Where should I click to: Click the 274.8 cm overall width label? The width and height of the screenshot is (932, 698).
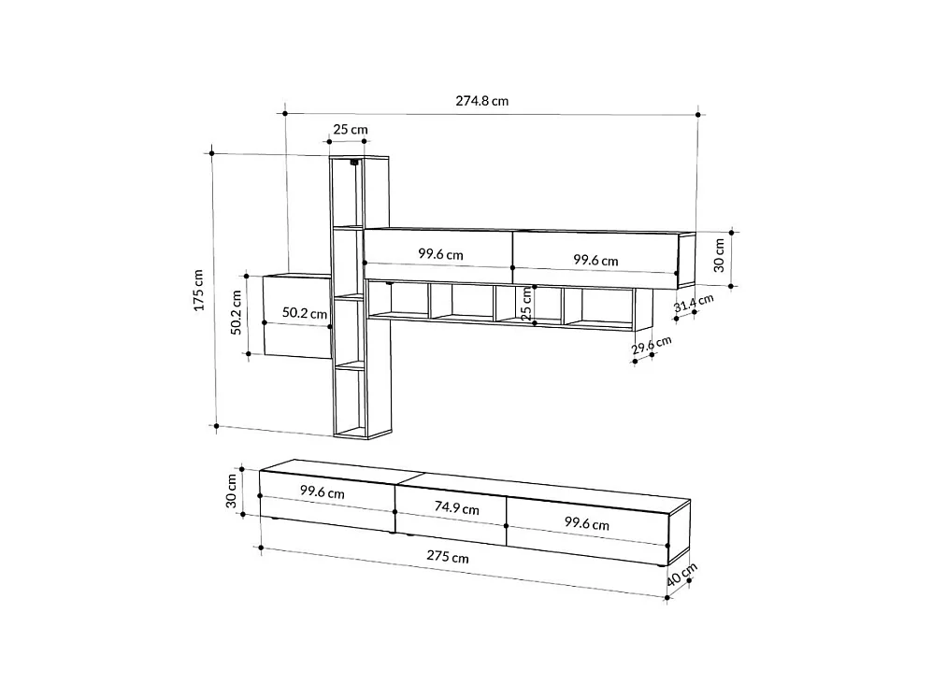481,101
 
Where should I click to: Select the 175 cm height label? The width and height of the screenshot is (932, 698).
197,291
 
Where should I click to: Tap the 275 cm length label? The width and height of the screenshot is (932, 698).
447,556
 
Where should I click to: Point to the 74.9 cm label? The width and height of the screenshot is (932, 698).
456,508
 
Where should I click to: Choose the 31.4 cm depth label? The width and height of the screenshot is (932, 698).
694,305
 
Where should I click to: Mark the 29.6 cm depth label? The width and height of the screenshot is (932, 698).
651,348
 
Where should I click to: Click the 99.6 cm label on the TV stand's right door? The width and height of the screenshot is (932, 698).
586,524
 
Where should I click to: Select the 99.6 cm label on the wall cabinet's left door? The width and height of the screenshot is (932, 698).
440,253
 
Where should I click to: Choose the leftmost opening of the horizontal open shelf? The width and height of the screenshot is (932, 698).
398,301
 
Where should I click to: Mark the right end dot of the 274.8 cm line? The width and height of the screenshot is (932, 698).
698,114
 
